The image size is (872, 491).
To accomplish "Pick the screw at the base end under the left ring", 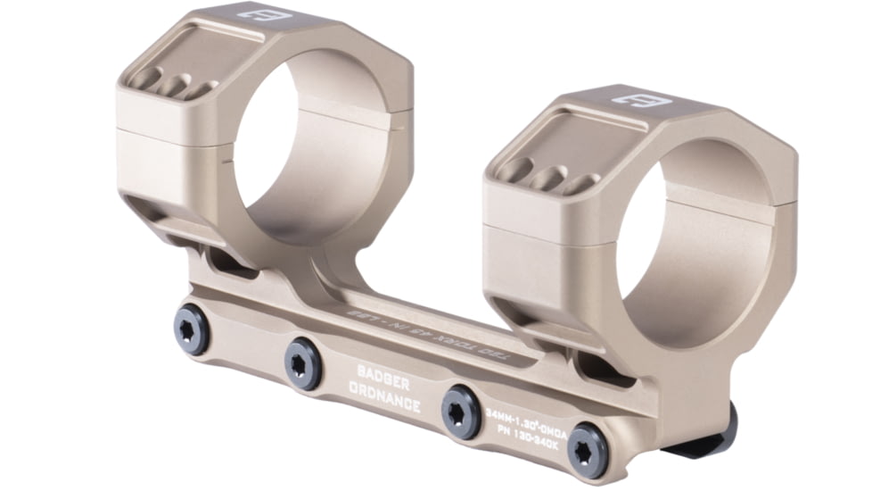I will coord(192,329).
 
